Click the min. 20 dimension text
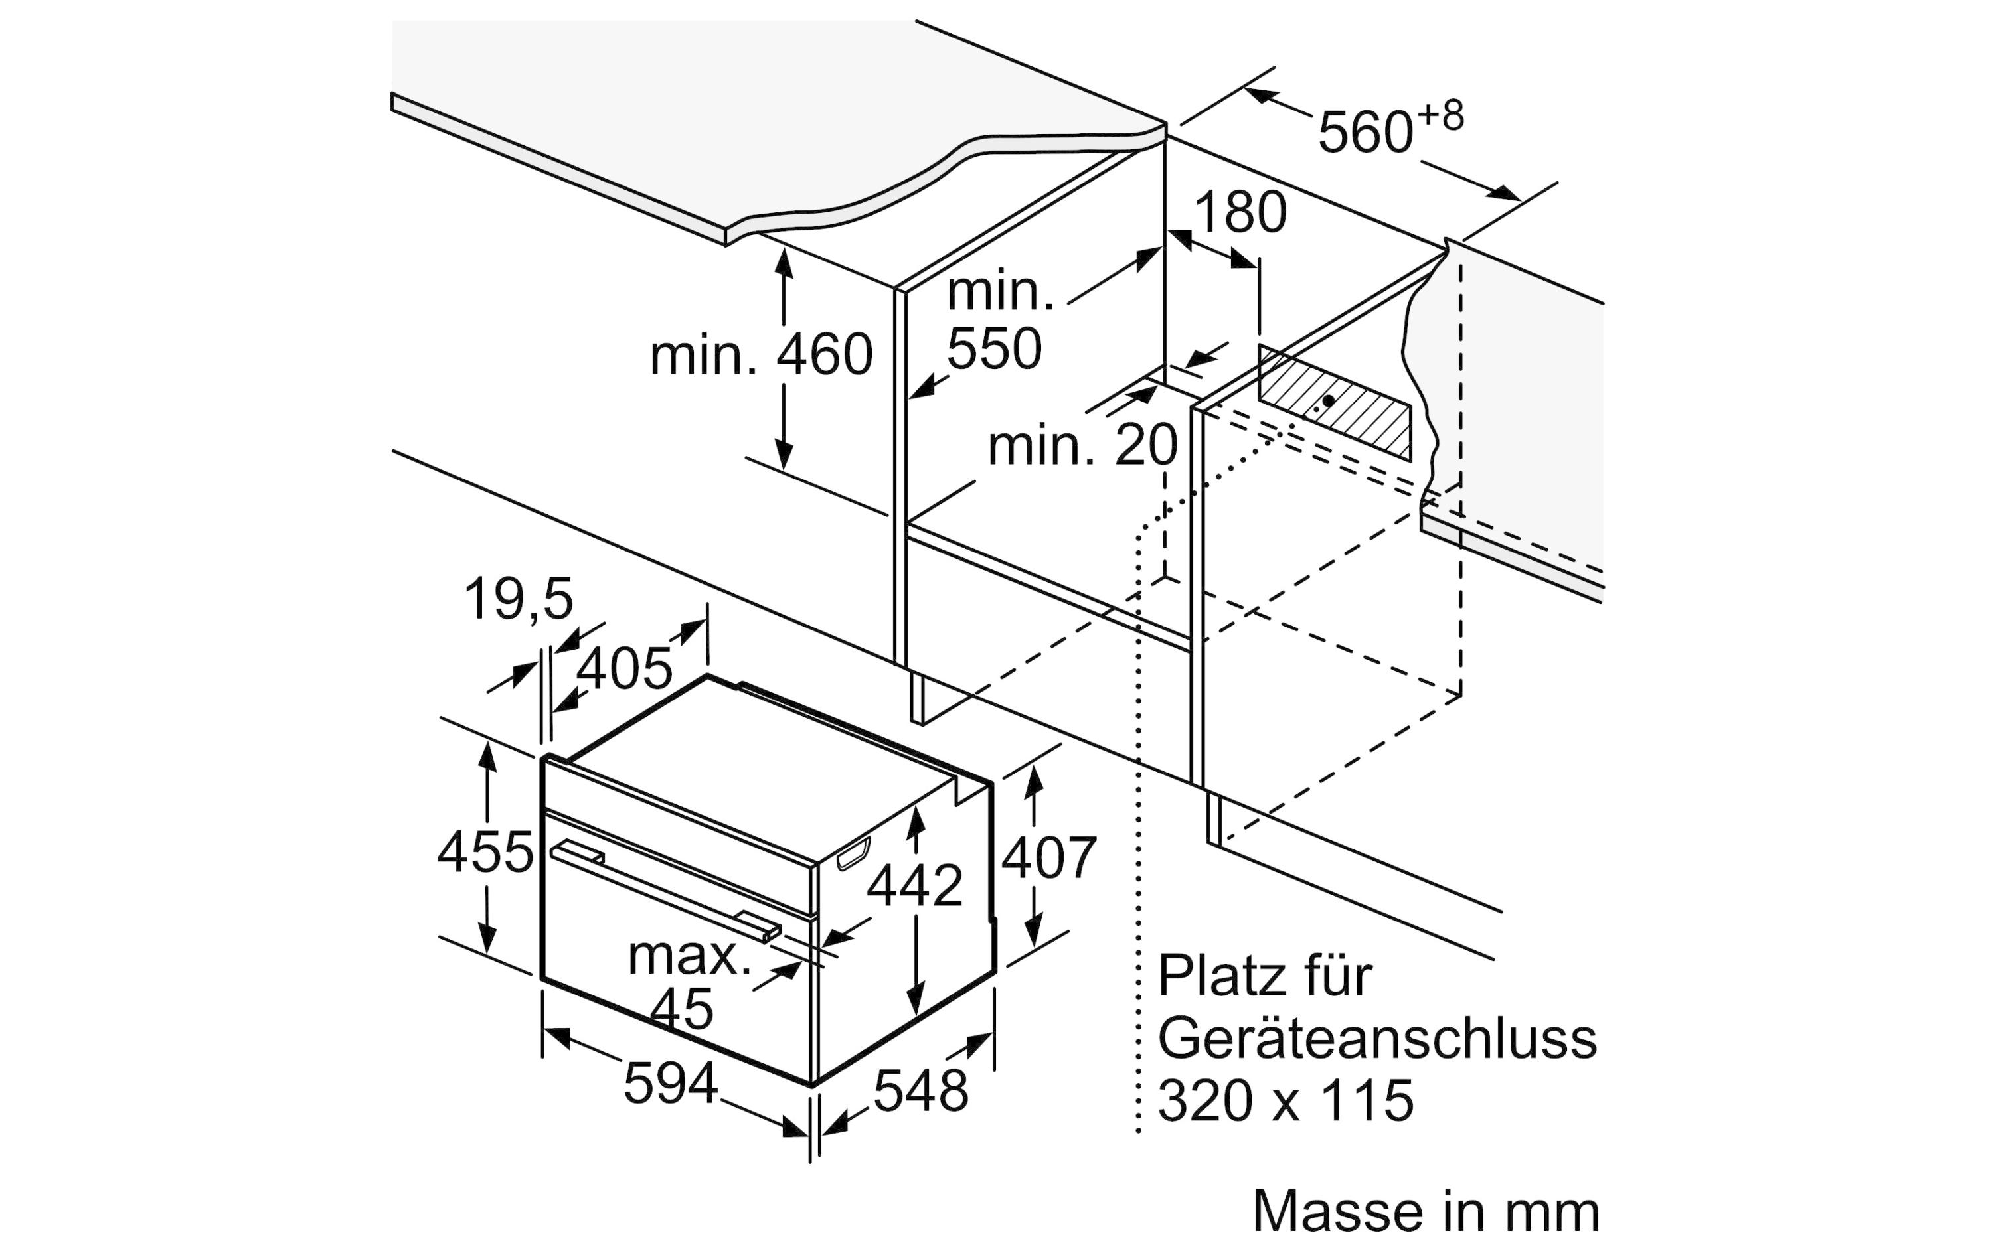click(x=1082, y=445)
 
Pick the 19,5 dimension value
click(x=518, y=598)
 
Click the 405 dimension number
click(x=623, y=668)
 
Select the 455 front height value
click(x=485, y=852)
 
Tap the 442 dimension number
click(x=914, y=885)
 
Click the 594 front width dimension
click(x=670, y=1082)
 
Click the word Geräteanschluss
click(x=1376, y=1038)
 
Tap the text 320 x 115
click(x=1285, y=1100)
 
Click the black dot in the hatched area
click(x=1328, y=400)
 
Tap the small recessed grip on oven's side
click(x=854, y=853)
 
